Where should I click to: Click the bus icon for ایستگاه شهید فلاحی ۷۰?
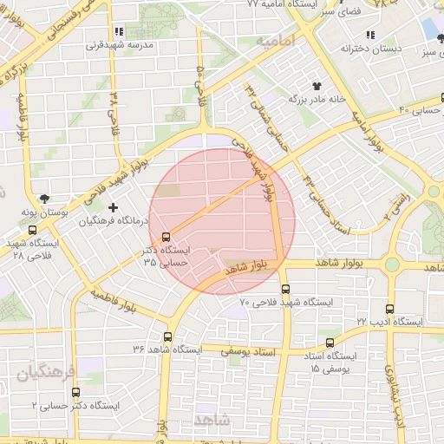(286, 290)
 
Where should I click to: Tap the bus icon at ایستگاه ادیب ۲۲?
(389, 309)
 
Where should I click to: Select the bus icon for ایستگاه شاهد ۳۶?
(167, 336)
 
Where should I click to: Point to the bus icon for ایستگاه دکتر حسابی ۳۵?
(166, 237)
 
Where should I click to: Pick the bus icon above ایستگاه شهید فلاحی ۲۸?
(32, 231)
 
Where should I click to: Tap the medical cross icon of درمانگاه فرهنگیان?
(113, 208)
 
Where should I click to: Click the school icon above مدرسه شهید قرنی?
(130, 32)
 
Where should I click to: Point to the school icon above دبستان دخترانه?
(370, 35)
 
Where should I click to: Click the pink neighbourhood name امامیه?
(276, 41)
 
